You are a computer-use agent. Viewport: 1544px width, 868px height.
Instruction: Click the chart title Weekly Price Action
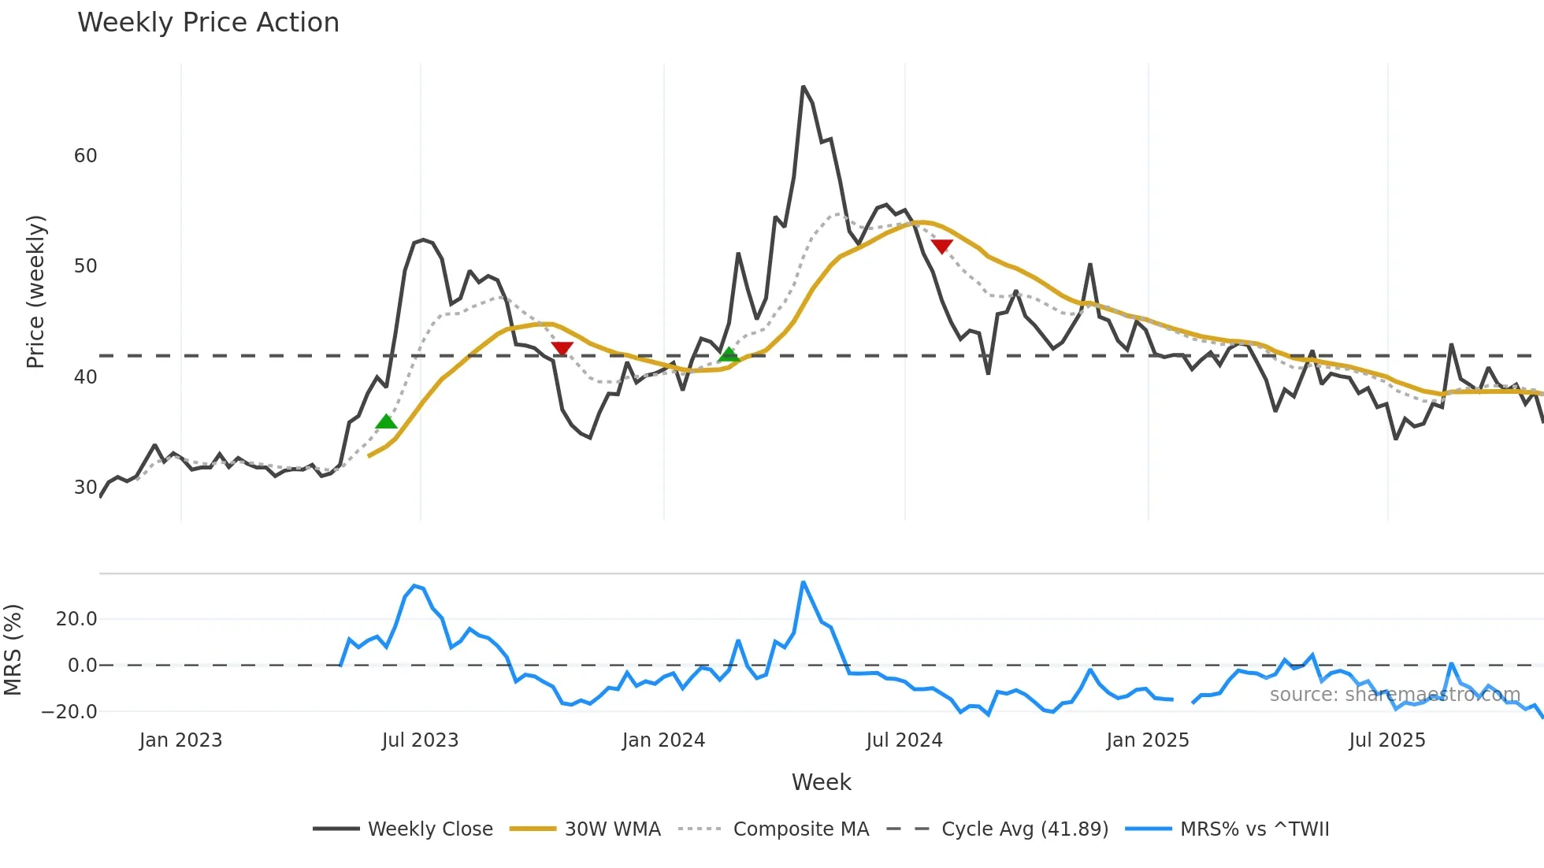point(208,23)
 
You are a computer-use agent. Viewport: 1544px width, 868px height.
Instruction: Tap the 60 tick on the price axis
point(85,156)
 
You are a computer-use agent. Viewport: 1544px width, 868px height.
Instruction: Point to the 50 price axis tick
point(85,266)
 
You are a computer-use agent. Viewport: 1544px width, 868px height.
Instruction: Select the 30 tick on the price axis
point(85,488)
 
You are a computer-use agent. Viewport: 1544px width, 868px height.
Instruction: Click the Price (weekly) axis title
point(35,291)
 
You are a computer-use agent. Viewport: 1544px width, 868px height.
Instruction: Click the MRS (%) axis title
point(13,650)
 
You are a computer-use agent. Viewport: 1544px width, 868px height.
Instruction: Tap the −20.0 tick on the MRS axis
point(69,712)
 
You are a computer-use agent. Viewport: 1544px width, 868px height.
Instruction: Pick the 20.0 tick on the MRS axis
point(76,619)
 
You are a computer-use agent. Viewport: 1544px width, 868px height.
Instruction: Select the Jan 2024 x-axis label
point(663,740)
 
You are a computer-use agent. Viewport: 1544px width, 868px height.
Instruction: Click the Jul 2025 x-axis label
point(1387,740)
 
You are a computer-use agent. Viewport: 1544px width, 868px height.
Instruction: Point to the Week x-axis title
point(821,782)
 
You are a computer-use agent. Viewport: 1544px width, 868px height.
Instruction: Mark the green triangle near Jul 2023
point(386,422)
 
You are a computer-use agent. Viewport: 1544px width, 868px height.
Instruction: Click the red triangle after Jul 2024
point(941,247)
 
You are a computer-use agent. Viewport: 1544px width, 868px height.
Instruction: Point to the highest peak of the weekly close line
point(803,87)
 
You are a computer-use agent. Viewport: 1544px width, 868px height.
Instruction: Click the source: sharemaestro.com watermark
point(1394,695)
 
